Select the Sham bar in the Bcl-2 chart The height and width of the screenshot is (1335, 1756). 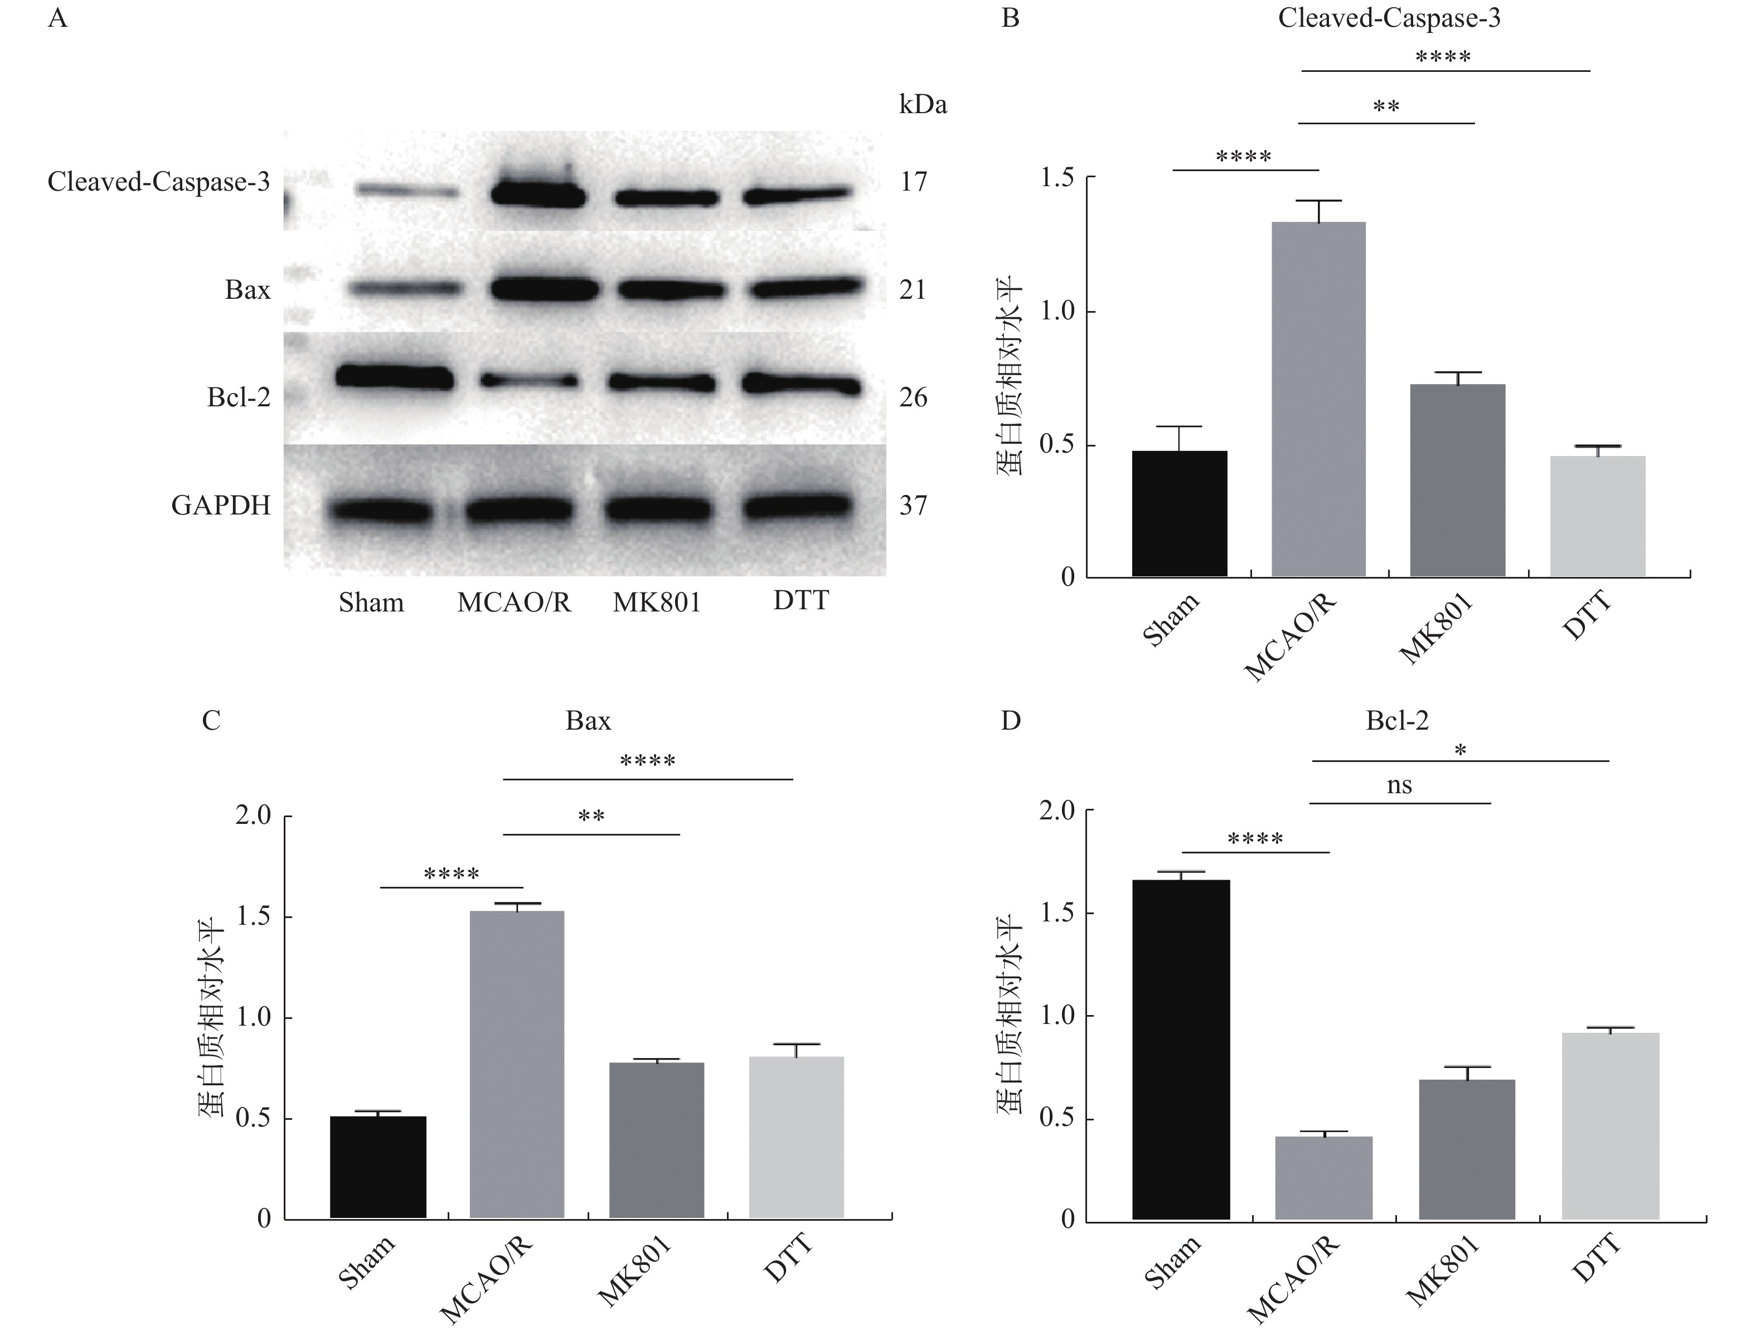click(1181, 1049)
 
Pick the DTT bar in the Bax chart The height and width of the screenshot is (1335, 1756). click(796, 1137)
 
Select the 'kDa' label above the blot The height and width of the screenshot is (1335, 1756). click(923, 105)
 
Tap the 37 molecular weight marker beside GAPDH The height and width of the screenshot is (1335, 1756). click(913, 506)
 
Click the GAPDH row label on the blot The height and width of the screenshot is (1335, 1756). click(221, 506)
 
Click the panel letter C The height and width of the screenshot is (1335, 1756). click(211, 720)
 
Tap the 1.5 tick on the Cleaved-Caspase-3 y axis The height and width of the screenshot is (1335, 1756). click(1057, 177)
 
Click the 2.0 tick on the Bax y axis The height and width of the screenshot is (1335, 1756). click(254, 815)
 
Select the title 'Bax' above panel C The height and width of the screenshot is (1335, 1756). click(588, 720)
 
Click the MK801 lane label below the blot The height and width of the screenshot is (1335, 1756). click(656, 603)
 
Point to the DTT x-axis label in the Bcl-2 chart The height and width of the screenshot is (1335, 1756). click(1595, 1260)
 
